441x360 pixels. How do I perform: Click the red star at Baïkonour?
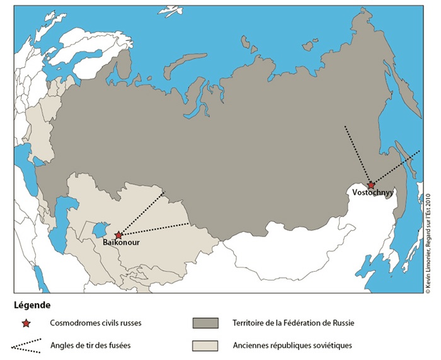click(x=118, y=235)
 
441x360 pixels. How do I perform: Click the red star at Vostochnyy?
click(x=372, y=185)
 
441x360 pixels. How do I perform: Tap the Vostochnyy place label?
click(x=373, y=193)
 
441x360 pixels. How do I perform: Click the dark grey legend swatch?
click(x=205, y=323)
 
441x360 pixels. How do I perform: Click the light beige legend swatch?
click(x=205, y=345)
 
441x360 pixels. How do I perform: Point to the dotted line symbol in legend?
click(x=26, y=346)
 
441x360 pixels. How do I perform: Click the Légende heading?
click(x=31, y=305)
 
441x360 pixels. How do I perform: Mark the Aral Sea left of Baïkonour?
click(x=100, y=228)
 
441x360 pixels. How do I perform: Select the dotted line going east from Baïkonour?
click(x=154, y=229)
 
